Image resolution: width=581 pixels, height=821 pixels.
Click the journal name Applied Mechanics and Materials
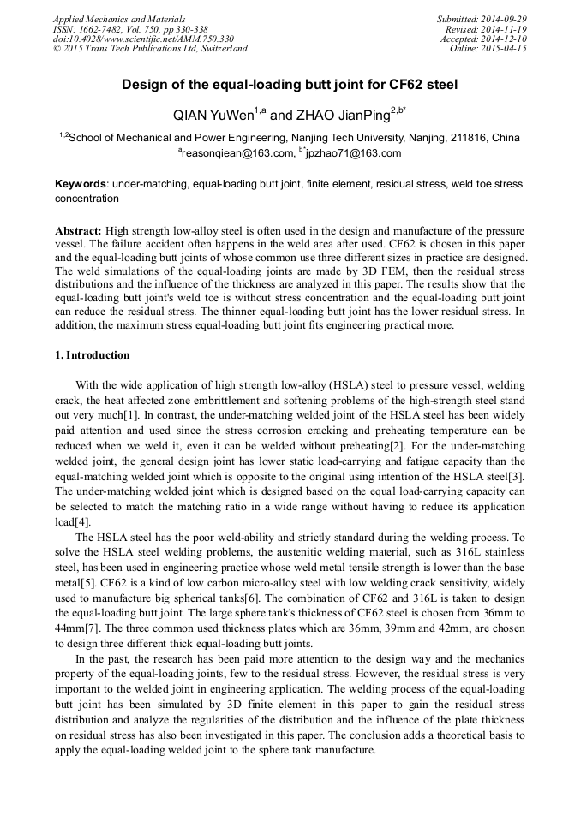[x=118, y=19]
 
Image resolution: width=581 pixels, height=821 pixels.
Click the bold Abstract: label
[x=78, y=231]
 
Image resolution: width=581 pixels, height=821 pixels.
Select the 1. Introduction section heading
[x=93, y=355]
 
